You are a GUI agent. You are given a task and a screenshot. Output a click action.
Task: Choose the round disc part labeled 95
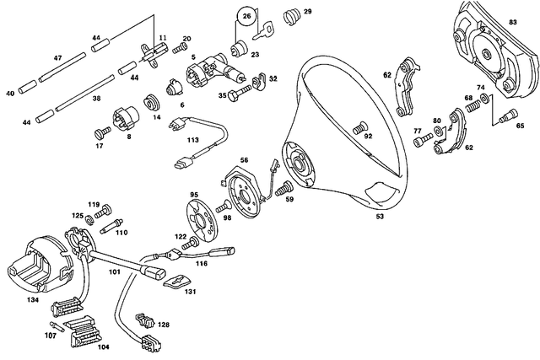point(201,214)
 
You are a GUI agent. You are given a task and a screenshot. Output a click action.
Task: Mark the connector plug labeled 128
point(143,320)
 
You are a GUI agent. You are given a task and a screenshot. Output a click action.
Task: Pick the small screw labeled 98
point(222,206)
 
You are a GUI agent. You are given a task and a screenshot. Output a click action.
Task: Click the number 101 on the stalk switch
point(114,271)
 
